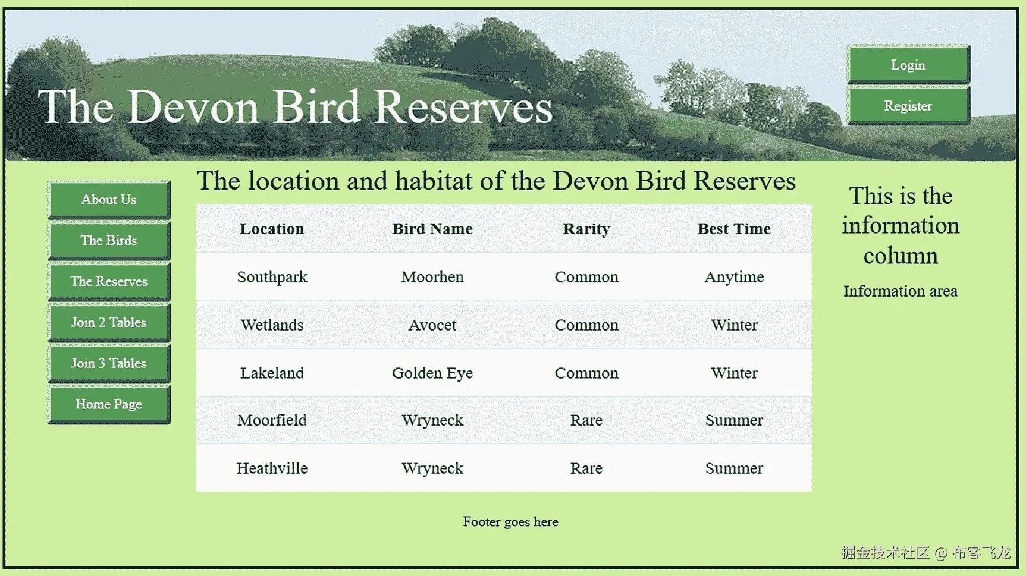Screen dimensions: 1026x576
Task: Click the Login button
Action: [908, 65]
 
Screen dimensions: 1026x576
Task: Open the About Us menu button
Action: [109, 200]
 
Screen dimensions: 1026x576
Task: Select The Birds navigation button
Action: [109, 241]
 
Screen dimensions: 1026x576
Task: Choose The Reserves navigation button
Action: [109, 282]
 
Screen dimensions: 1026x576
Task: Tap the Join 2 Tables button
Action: [109, 323]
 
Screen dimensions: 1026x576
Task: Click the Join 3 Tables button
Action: [109, 364]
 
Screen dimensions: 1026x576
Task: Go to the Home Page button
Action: [109, 405]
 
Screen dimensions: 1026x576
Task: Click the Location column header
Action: [272, 229]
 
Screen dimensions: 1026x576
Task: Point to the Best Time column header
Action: [734, 229]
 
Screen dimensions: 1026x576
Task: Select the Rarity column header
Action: [586, 229]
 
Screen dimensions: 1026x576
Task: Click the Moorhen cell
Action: [432, 277]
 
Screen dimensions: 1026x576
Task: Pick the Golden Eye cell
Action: [432, 373]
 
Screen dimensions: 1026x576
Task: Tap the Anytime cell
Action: [734, 278]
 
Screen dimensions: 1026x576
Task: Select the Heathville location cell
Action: [272, 468]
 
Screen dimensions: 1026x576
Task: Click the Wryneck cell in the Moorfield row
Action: [432, 421]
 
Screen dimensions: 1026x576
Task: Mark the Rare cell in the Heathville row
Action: [586, 468]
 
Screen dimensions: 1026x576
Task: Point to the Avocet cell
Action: [432, 325]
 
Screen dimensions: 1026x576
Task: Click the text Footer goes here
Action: [510, 522]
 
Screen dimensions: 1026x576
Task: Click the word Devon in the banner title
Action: [193, 107]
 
